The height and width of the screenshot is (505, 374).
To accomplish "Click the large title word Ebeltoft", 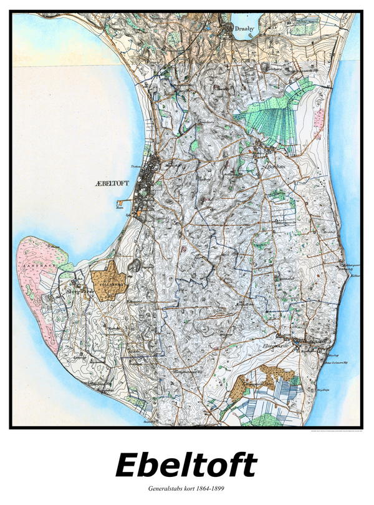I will (186, 465).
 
